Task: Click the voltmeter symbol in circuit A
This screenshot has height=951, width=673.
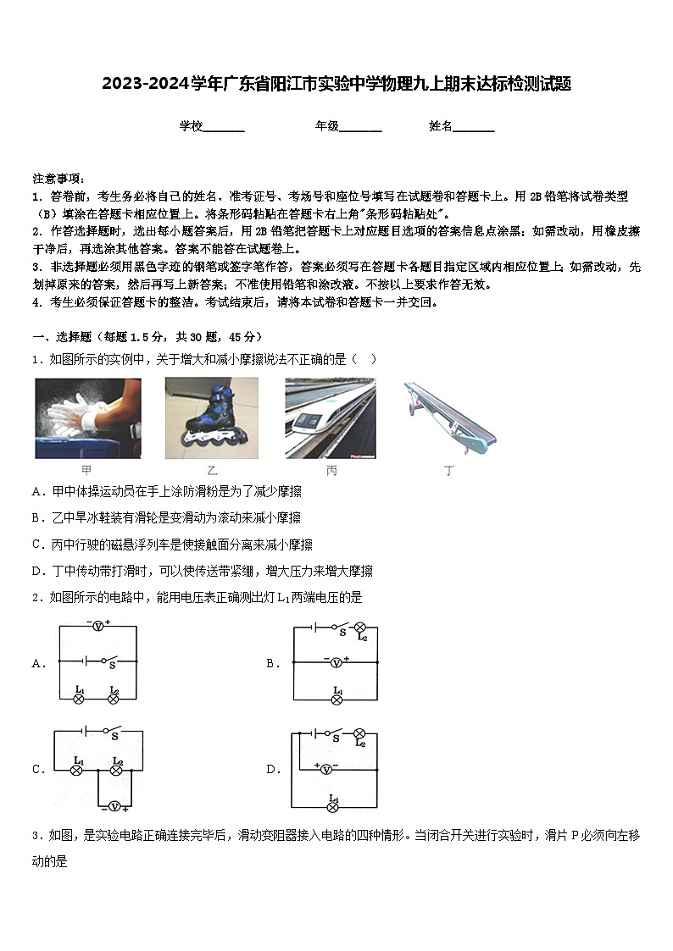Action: point(98,627)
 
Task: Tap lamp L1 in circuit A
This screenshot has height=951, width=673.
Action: point(78,699)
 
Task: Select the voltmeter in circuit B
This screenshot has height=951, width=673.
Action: point(336,662)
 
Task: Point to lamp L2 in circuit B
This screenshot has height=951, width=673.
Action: point(359,628)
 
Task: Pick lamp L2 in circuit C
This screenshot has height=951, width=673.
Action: point(118,770)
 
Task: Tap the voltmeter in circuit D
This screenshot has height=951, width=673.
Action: point(325,768)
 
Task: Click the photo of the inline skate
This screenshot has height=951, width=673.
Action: point(212,418)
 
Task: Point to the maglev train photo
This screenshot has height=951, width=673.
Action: point(330,418)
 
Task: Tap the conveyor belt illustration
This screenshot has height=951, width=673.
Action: point(448,417)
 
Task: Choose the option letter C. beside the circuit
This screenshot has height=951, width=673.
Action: point(39,770)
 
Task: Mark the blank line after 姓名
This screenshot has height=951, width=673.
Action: point(474,128)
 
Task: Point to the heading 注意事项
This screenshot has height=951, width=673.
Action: point(58,179)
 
